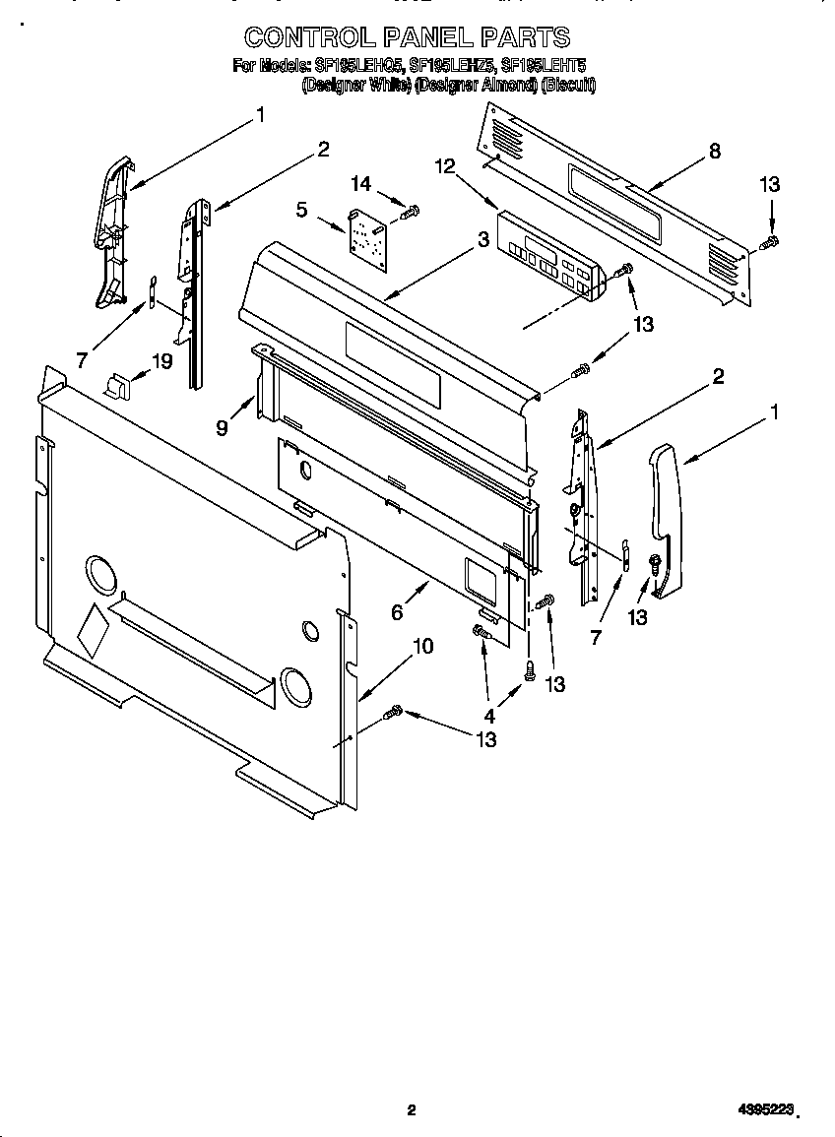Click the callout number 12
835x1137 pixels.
click(x=446, y=166)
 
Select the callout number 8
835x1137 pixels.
click(x=714, y=151)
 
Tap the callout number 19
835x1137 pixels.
click(x=162, y=361)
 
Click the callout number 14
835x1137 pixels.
click(x=361, y=183)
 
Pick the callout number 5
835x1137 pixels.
click(x=301, y=209)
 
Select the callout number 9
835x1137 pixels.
click(x=222, y=427)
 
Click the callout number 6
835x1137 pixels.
click(x=397, y=611)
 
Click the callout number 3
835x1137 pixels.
click(x=482, y=238)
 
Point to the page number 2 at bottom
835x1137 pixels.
click(x=412, y=1110)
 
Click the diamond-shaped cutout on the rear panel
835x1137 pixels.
click(x=92, y=631)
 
